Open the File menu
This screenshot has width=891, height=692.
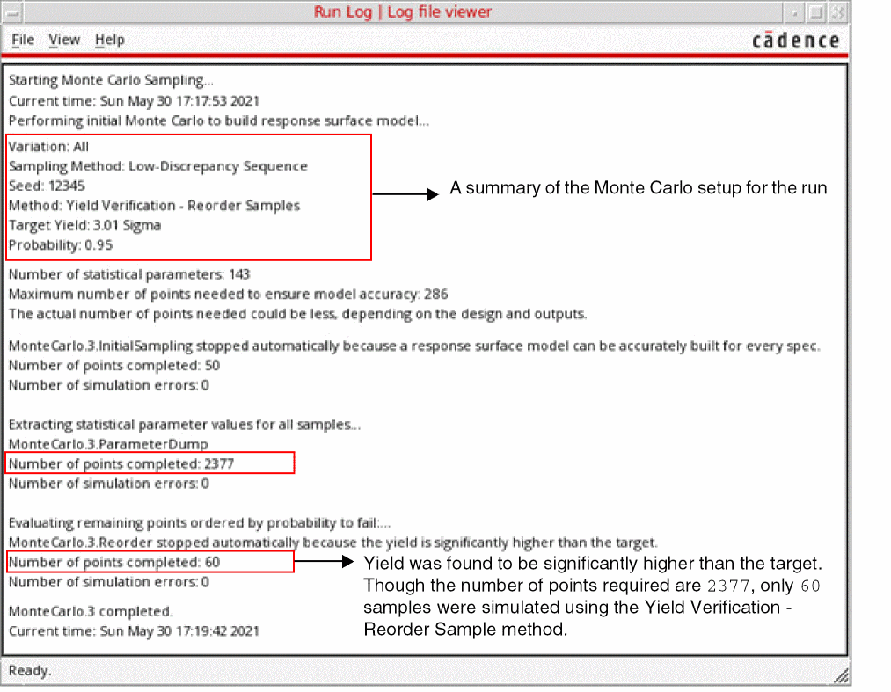click(x=23, y=40)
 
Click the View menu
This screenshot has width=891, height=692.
click(x=64, y=40)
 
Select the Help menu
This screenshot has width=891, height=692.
click(x=110, y=40)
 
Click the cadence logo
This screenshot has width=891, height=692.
click(x=795, y=40)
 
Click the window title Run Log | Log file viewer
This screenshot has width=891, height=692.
click(x=402, y=12)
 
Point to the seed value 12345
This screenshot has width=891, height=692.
click(x=67, y=186)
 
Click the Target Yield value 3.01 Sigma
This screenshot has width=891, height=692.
click(x=127, y=226)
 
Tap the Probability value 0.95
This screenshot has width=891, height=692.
click(x=99, y=244)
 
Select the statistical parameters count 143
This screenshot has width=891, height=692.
click(x=239, y=274)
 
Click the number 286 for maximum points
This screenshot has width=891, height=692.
click(x=436, y=294)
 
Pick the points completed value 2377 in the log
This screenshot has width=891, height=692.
click(x=219, y=463)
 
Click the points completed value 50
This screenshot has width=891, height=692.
click(x=212, y=365)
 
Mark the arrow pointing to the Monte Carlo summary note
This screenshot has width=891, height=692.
click(x=405, y=194)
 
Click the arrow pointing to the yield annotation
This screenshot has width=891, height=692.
click(x=324, y=562)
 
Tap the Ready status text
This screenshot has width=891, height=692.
click(x=30, y=671)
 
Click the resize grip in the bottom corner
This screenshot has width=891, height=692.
click(x=841, y=675)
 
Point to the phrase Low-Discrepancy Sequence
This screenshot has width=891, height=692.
click(x=218, y=166)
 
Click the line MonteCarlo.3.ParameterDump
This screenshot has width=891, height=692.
click(x=108, y=444)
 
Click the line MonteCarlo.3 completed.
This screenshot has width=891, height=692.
click(x=91, y=611)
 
